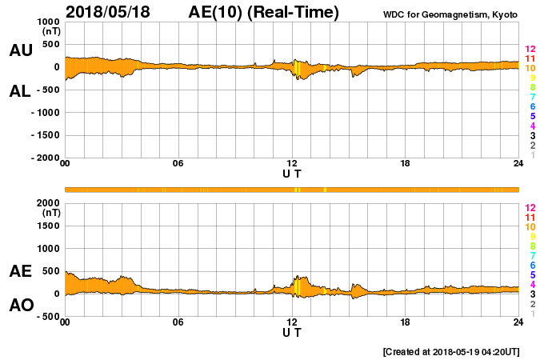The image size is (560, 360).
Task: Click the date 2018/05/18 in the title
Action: point(114,12)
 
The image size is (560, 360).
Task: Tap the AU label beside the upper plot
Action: point(21,50)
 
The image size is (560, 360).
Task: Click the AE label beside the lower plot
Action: point(21,271)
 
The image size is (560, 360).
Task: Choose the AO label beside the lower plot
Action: point(21,306)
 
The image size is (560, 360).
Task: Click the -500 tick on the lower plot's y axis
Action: point(48,317)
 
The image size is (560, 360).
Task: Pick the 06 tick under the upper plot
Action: point(178,164)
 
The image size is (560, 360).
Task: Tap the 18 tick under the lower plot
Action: point(406,322)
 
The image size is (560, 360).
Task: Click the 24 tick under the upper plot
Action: point(518,164)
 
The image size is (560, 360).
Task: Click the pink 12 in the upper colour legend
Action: point(530,50)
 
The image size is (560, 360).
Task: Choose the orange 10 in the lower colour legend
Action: point(530,226)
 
